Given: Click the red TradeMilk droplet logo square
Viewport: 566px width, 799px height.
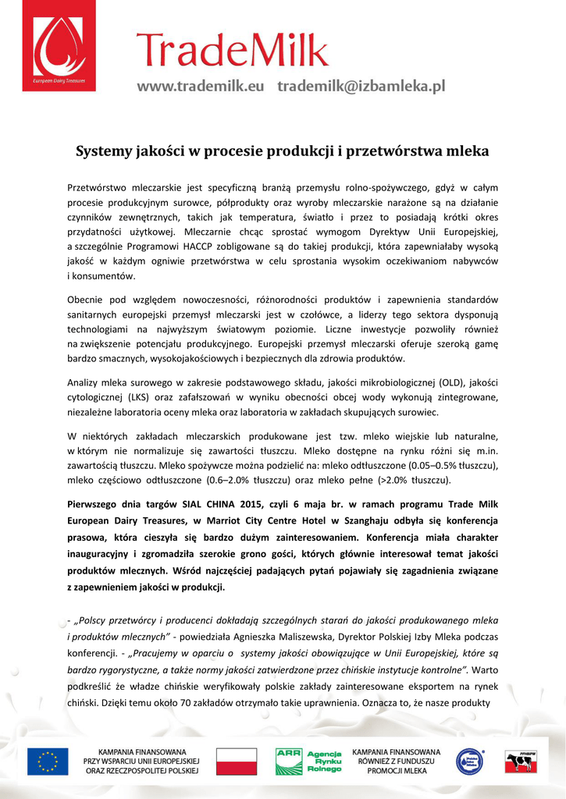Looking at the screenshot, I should point(59,47).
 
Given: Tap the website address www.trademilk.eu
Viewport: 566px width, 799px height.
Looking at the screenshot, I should point(201,86).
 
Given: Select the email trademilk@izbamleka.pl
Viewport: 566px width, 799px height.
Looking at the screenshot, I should point(361,86).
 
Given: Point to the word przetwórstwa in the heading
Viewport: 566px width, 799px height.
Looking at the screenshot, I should point(398,151).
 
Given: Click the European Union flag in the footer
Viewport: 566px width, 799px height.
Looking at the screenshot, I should point(48,760).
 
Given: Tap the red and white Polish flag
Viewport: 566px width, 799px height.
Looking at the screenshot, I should point(236,760).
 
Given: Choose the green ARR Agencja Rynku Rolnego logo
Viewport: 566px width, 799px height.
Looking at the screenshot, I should point(308,760).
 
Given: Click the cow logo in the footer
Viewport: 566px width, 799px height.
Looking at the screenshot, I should point(519,760).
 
